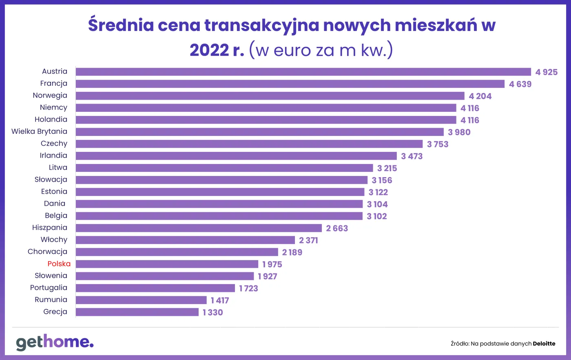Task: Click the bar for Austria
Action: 303,72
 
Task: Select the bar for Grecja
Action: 137,312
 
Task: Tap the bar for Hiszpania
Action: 199,228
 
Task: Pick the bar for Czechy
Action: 249,144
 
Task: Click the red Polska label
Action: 59,264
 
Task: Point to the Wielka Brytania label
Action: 39,131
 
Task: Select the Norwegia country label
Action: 50,96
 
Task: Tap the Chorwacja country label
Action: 47,252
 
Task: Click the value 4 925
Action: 546,72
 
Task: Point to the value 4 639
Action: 520,84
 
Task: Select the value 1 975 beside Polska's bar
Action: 272,264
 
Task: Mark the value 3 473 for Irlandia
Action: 412,156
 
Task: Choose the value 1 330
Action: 212,313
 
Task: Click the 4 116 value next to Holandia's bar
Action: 469,120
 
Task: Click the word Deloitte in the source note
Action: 544,344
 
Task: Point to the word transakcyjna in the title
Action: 261,25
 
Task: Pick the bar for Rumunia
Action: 141,300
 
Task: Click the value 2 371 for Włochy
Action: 308,240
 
